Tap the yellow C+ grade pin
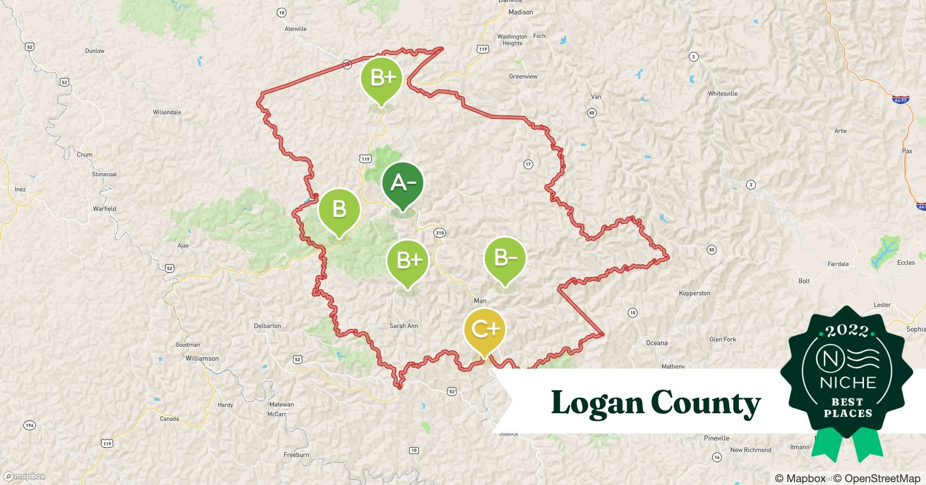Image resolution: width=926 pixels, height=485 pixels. pos(484,330)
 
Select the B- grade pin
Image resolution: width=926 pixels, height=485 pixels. pos(505,258)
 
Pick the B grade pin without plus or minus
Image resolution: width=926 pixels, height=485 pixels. pos(339,210)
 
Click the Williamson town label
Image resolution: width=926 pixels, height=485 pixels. pos(202,358)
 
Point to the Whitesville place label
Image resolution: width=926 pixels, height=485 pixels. pos(722,94)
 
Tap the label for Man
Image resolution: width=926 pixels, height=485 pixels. pos(480,301)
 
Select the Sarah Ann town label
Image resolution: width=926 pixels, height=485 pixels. pos(403,326)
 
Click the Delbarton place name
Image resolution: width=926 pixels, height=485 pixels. pos(267,326)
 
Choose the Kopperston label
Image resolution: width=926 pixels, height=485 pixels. pos(694,293)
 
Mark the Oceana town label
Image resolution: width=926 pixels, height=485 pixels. pos(656,343)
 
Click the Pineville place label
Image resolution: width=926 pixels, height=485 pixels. pos(716,438)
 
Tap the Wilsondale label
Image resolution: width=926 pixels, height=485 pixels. pos(167,112)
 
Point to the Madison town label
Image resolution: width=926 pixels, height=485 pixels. pos(520,12)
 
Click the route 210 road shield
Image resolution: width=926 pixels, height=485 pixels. pos(439,233)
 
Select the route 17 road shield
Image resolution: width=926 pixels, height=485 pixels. pos(528,164)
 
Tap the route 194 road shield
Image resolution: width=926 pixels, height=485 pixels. pos(29,425)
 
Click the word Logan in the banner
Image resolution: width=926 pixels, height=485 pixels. pos(597,404)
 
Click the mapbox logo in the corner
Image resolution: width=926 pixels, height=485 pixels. pos(24,476)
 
